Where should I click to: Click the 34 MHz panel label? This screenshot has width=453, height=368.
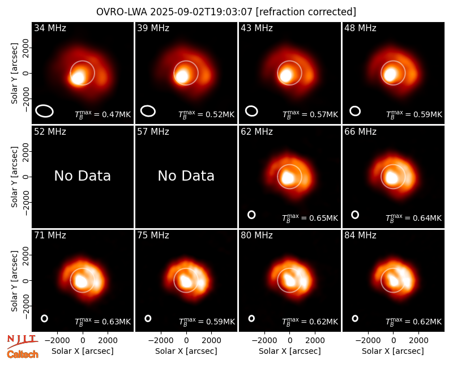50,28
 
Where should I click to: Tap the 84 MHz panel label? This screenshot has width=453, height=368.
360,236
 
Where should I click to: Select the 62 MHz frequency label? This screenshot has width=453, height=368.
257,132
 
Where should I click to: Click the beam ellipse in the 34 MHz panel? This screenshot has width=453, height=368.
45,111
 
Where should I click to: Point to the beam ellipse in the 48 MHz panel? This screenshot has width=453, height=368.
355,111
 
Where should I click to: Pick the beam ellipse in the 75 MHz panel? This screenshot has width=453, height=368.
148,318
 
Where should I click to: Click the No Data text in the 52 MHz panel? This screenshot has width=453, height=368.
82,176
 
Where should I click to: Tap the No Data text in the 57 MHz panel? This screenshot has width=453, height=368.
186,176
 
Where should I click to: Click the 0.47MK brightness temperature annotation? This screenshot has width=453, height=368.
103,114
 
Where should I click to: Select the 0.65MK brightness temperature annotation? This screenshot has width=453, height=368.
310,218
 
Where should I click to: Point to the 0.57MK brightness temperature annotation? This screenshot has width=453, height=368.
310,114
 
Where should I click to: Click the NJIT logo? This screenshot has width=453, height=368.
22,341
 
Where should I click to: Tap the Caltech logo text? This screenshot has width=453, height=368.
23,354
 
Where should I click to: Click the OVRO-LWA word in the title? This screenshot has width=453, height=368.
122,12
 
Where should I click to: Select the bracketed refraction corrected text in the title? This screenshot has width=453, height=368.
306,12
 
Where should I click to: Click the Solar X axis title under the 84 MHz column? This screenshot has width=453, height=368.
393,351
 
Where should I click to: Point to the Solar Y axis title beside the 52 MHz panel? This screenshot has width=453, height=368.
15,177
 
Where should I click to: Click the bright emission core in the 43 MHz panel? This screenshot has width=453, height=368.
286,75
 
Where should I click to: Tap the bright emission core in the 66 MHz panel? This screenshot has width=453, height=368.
392,177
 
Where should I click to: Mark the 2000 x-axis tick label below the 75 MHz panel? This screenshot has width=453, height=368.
211,341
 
